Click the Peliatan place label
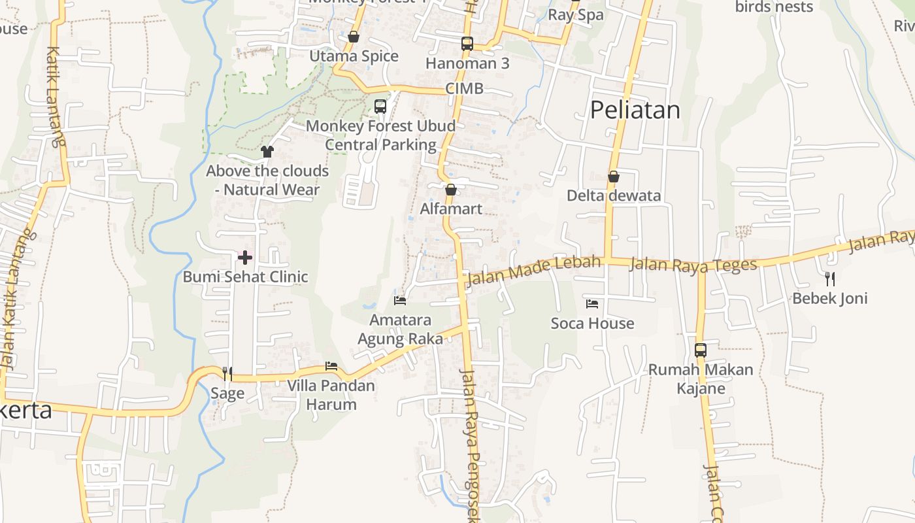[635, 110]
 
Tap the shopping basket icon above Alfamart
[450, 190]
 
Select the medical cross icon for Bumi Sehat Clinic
[245, 258]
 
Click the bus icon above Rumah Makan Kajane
[701, 350]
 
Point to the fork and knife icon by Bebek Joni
[829, 279]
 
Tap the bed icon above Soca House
[592, 303]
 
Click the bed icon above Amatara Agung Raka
[400, 301]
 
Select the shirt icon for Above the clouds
[267, 152]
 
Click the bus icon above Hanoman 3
[467, 44]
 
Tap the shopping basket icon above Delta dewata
[614, 177]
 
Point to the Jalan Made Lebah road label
[532, 271]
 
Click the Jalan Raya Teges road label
[693, 264]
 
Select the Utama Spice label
[354, 56]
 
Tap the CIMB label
[465, 88]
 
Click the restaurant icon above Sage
[227, 373]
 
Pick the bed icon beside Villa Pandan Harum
[331, 366]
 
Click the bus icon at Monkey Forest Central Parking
[380, 106]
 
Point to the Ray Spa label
[576, 15]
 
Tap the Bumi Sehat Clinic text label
[245, 277]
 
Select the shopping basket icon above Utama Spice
[354, 37]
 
